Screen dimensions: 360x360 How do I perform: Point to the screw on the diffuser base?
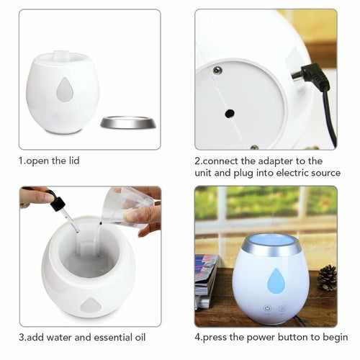point(217,71)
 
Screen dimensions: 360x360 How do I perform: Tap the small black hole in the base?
point(230,113)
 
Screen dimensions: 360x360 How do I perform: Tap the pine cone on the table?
point(327,277)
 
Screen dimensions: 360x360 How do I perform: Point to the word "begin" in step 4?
point(335,337)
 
